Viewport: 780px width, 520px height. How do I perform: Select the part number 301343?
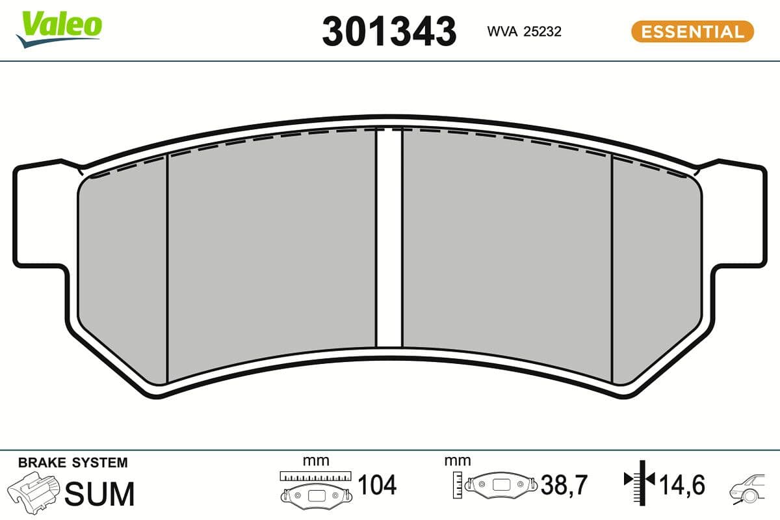(389, 32)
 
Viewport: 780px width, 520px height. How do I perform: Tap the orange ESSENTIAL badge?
(692, 31)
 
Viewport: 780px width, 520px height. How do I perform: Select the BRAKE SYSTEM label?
(73, 463)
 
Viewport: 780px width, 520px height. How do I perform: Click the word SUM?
(101, 494)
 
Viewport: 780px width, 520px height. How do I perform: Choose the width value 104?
(377, 485)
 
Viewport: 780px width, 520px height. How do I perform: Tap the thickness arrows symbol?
(638, 481)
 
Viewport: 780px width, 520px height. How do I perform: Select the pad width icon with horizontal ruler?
(315, 487)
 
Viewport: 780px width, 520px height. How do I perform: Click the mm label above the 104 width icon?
(316, 461)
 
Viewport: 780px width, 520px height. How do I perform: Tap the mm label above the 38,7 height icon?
(458, 461)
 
